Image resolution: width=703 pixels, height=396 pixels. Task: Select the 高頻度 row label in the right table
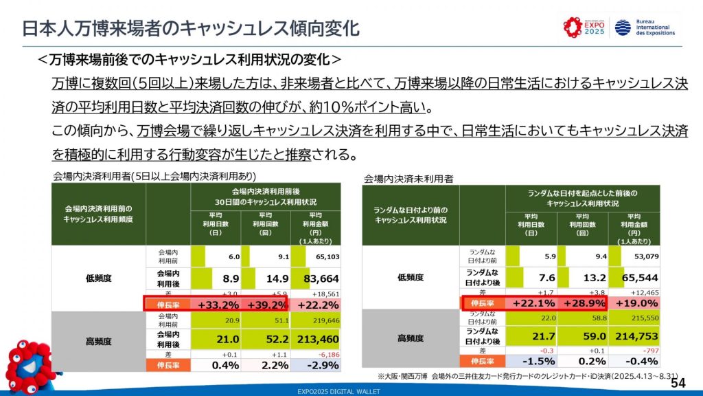point(410,338)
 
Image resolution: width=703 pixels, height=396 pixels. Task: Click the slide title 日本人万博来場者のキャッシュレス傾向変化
point(189,29)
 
